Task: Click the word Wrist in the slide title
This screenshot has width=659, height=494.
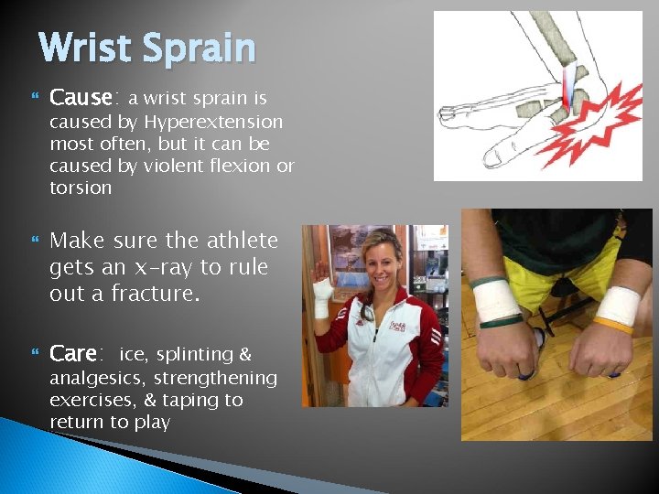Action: pyautogui.click(x=85, y=48)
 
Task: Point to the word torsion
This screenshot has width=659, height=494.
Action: pyautogui.click(x=81, y=188)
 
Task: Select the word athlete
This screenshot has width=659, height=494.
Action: pyautogui.click(x=232, y=241)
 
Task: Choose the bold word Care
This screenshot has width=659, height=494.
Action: pyautogui.click(x=74, y=353)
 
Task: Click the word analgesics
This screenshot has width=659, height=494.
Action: pyautogui.click(x=97, y=378)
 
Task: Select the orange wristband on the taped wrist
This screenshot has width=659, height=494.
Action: pyautogui.click(x=611, y=324)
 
